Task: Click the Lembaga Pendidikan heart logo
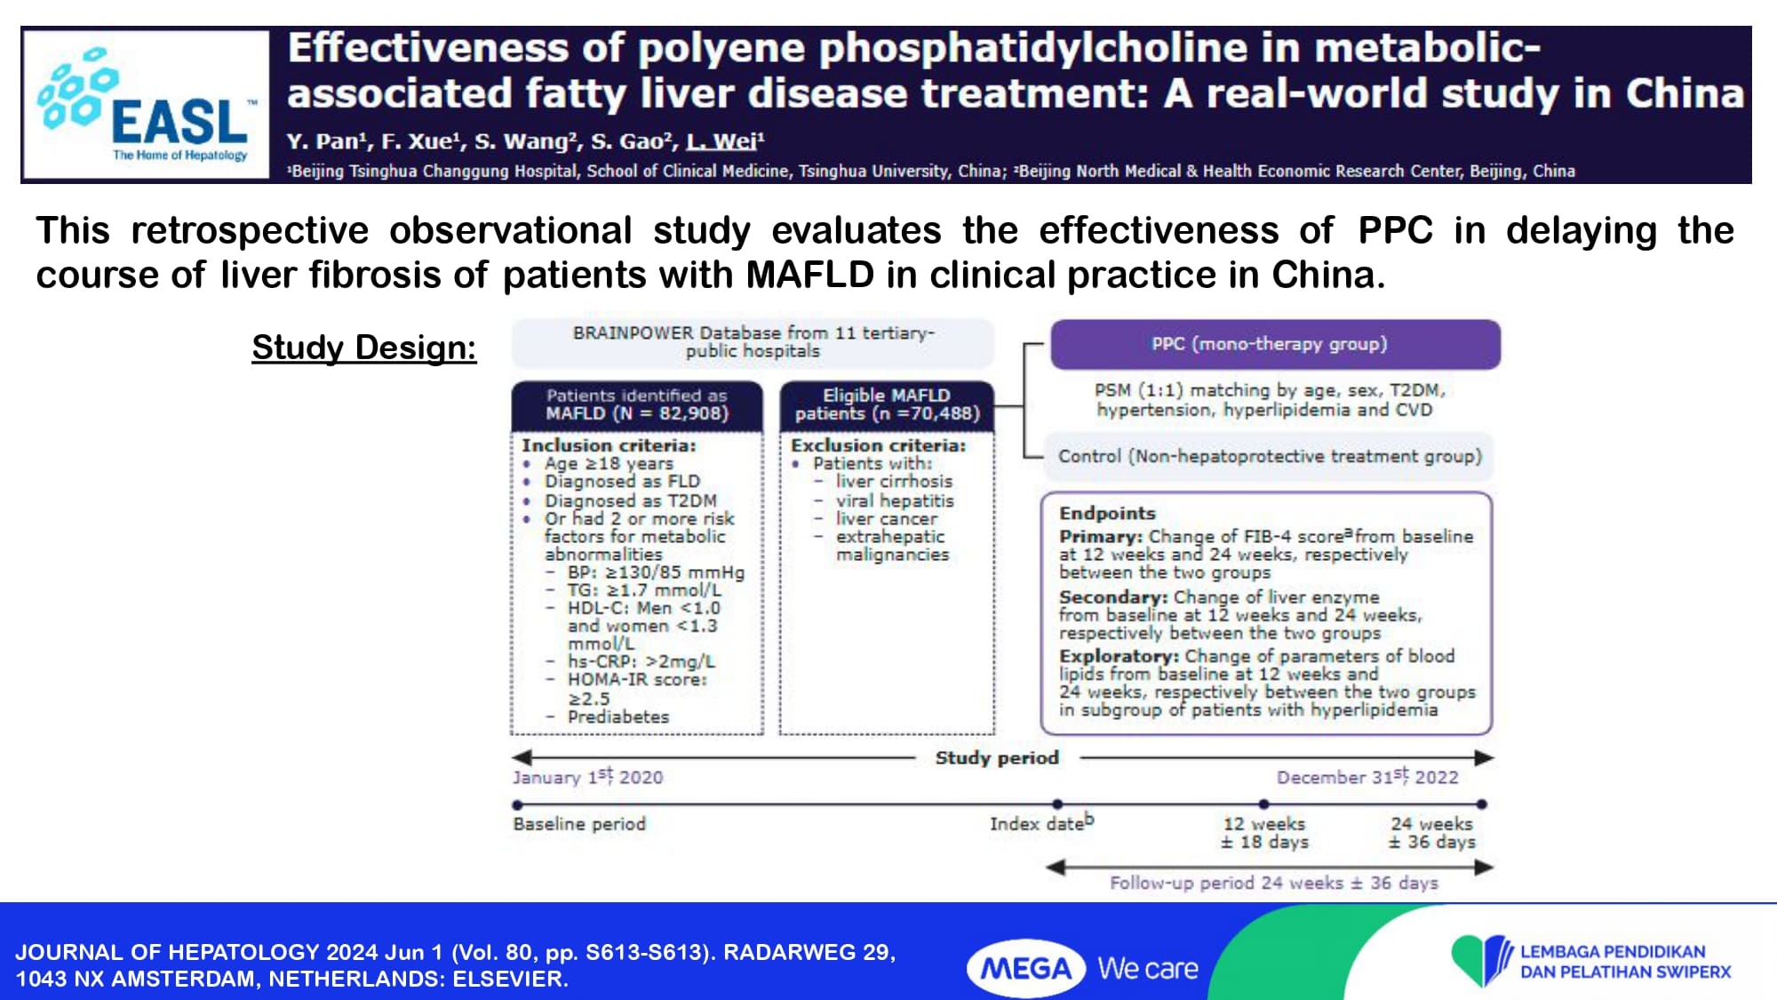[1481, 960]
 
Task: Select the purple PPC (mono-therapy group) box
[1275, 344]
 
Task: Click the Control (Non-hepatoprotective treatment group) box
[1269, 456]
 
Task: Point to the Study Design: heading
[364, 348]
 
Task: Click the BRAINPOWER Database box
[753, 342]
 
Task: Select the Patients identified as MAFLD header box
[636, 404]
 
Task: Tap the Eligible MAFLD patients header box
[887, 404]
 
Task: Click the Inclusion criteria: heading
[609, 445]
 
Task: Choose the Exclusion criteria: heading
[878, 445]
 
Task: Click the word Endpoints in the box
[1107, 513]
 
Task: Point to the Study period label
[997, 757]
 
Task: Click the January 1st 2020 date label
[587, 777]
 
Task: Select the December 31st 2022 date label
[1367, 777]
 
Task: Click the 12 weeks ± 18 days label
[1264, 833]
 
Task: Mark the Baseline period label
[579, 824]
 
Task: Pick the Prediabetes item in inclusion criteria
[618, 716]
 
